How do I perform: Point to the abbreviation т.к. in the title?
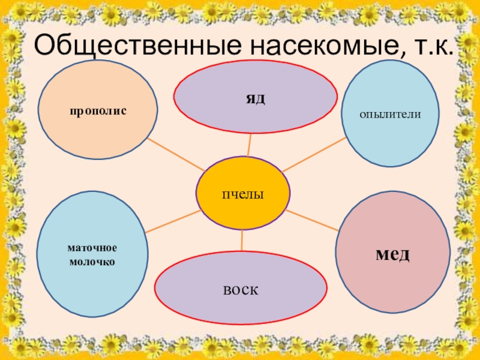pyautogui.click(x=434, y=46)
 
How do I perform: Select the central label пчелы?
pyautogui.click(x=243, y=194)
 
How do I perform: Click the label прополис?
pyautogui.click(x=97, y=110)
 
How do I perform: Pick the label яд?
pyautogui.click(x=255, y=97)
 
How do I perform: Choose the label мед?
pyautogui.click(x=393, y=254)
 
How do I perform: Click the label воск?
pyautogui.click(x=241, y=289)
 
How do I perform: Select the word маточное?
pyautogui.click(x=92, y=248)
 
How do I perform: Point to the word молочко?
pyautogui.click(x=92, y=262)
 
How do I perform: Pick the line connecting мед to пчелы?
pyautogui.click(x=313, y=221)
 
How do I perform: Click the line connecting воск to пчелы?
pyautogui.click(x=242, y=241)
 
